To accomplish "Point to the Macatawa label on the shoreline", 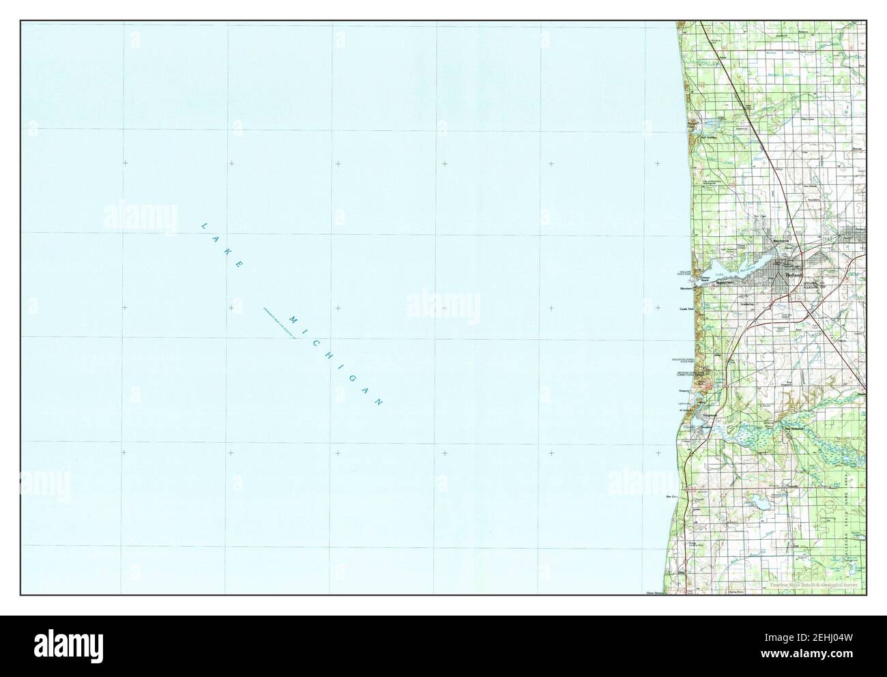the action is [x=686, y=289].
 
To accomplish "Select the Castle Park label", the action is [x=686, y=309].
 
